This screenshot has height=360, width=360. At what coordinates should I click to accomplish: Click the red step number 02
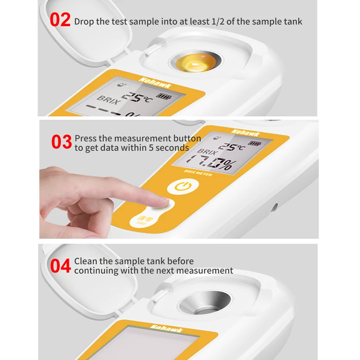[x=60, y=20]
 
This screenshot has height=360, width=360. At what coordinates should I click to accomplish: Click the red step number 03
[x=62, y=142]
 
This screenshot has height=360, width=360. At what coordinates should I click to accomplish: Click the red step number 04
[x=60, y=265]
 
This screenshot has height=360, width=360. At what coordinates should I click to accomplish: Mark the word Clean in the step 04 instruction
[x=86, y=261]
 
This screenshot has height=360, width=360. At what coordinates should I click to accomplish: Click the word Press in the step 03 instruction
[x=86, y=139]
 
